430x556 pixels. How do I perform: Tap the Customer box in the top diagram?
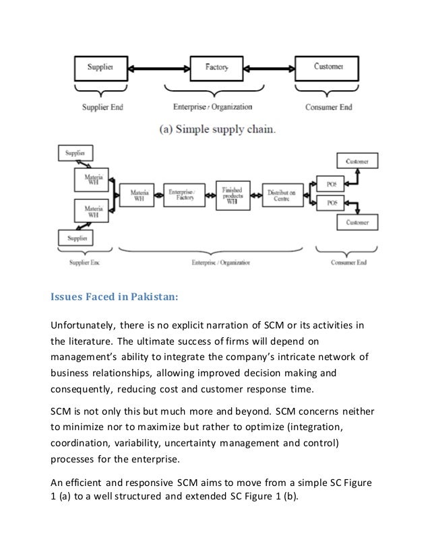pos(328,67)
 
